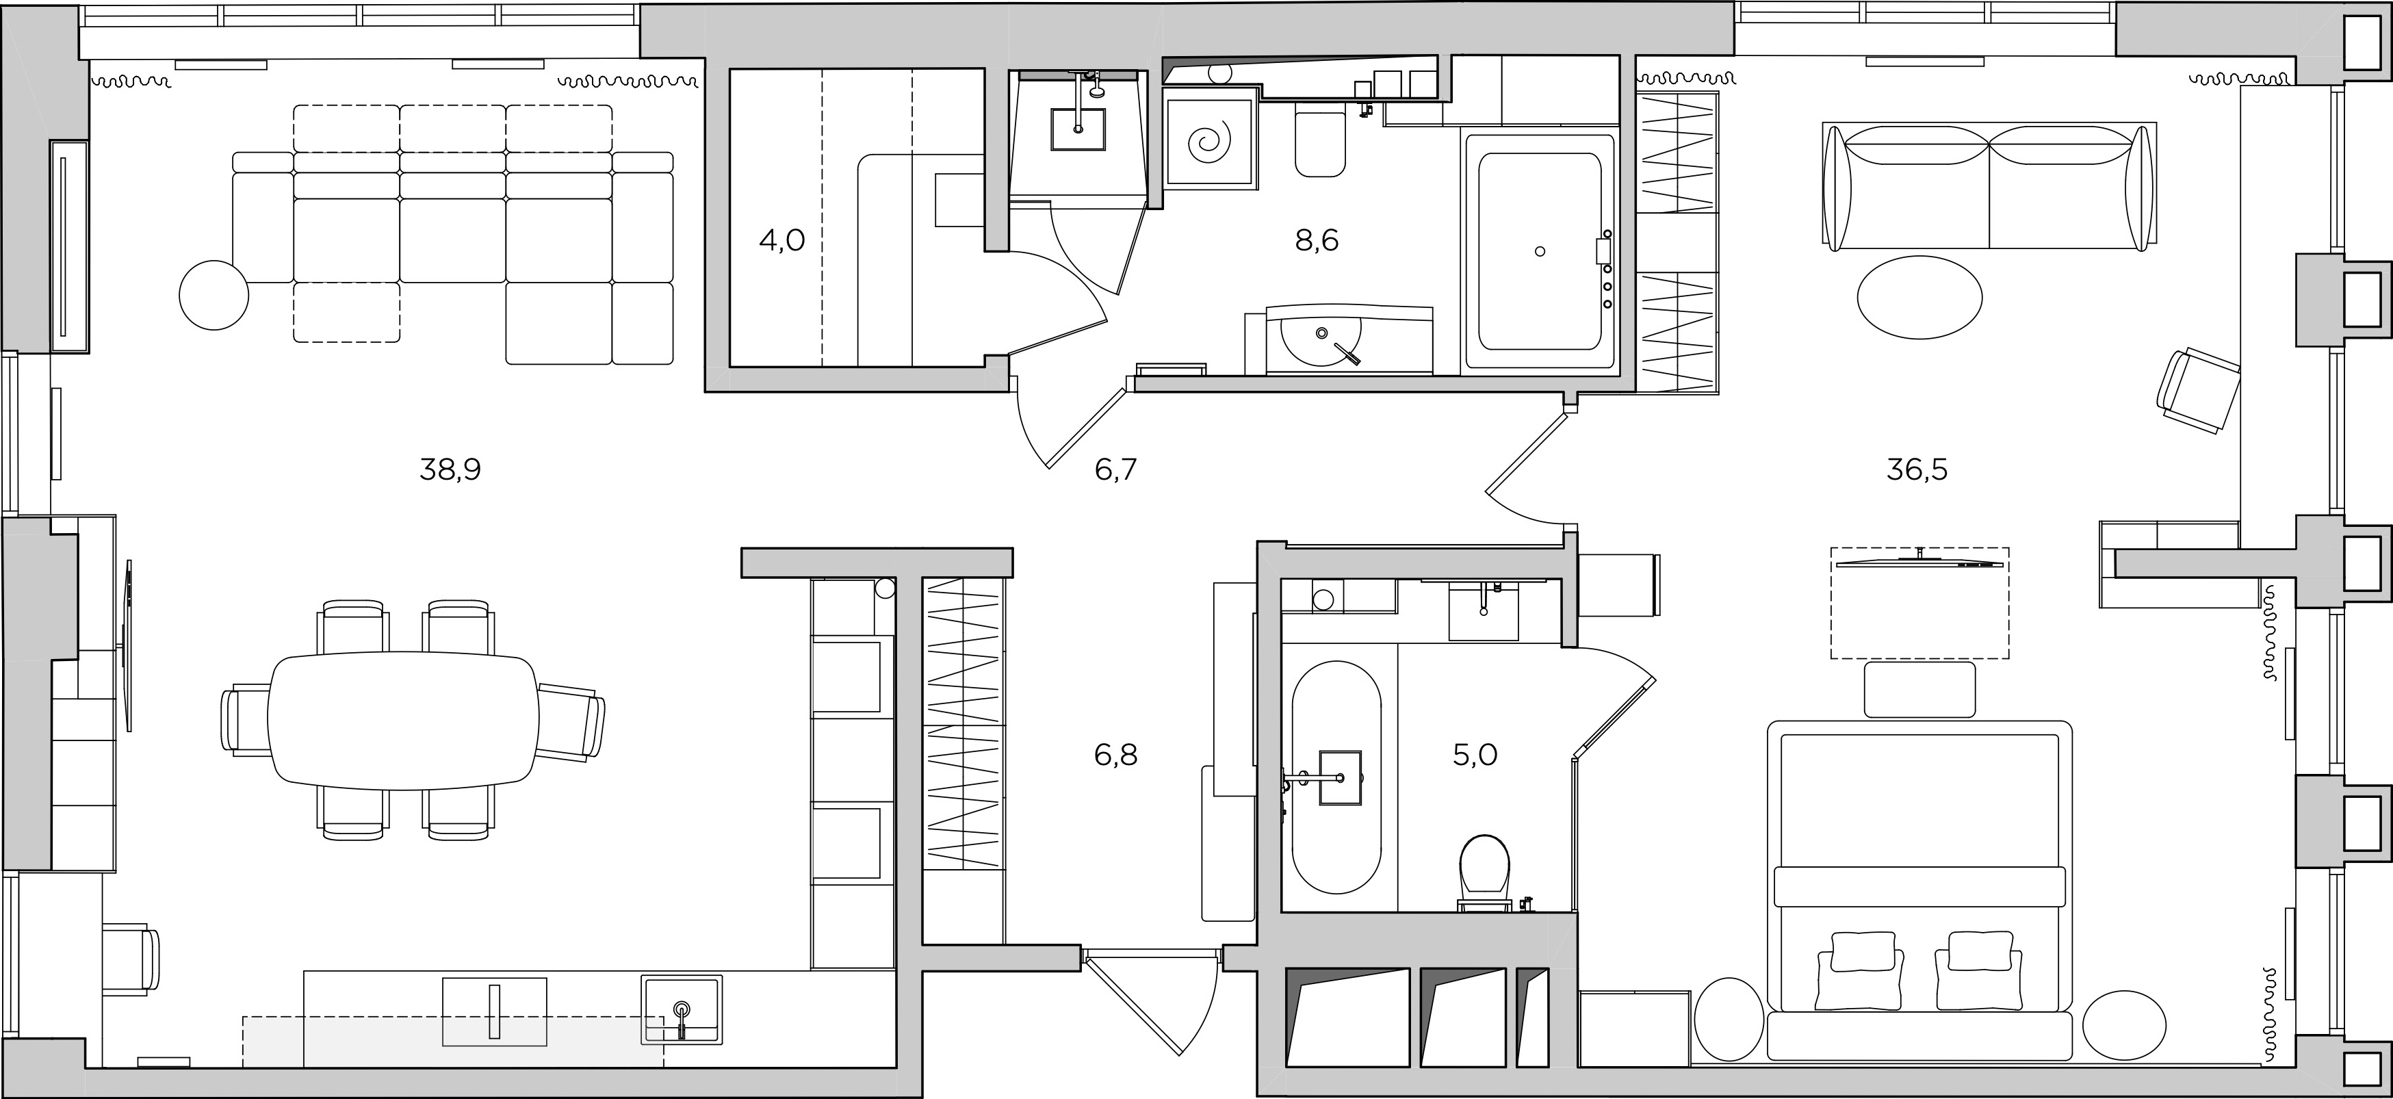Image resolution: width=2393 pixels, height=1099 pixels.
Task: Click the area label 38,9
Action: point(450,470)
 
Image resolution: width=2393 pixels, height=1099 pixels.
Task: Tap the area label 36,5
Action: point(1917,470)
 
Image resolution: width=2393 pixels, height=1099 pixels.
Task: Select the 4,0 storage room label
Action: point(782,242)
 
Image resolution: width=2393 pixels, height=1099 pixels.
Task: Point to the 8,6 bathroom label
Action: point(1317,242)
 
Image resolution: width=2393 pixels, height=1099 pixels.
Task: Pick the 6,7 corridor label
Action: point(1115,470)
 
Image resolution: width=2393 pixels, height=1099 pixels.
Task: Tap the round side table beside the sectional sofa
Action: point(214,294)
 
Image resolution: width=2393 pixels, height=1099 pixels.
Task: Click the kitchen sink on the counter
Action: point(682,1009)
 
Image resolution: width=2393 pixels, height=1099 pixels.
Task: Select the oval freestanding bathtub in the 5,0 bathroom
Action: point(1336,790)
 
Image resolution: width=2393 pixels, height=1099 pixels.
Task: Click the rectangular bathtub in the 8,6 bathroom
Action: point(1539,252)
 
